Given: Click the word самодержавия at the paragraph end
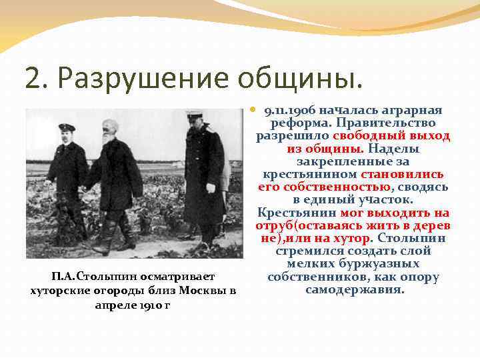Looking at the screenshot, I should coord(355,289).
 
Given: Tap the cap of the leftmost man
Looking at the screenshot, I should coord(67,127).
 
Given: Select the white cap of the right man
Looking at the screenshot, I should coord(194,114).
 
